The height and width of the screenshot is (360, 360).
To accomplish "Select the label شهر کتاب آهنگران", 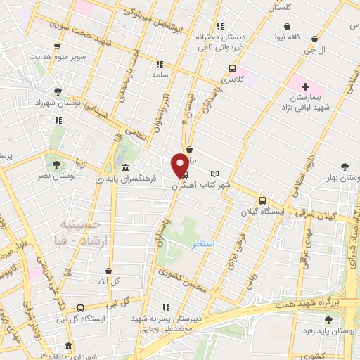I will click(x=205, y=185).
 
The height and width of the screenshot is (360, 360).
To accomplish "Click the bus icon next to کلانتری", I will click(x=232, y=69).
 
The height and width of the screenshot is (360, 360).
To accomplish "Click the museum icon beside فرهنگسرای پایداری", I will click(x=125, y=167).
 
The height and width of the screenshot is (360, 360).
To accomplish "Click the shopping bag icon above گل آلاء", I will click(x=108, y=270).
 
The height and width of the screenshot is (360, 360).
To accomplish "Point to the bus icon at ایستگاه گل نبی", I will click(x=81, y=308).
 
